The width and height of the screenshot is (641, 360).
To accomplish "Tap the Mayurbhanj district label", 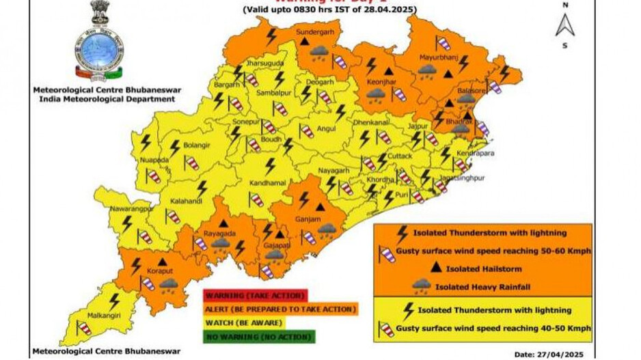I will pyautogui.click(x=437, y=59).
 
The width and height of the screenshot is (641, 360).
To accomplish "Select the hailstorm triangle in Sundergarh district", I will pyautogui.click(x=303, y=42).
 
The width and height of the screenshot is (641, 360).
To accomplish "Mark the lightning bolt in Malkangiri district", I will pyautogui.click(x=114, y=300).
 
